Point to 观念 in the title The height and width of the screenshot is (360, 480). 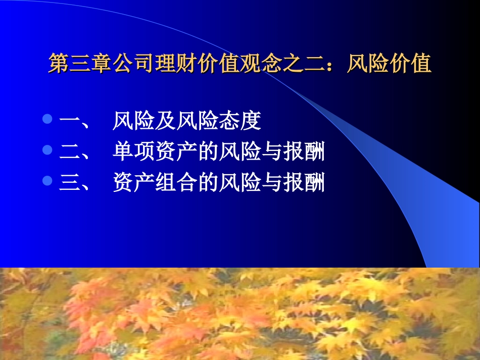261,65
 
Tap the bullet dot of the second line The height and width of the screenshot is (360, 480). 48,150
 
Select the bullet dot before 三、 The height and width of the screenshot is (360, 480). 48,181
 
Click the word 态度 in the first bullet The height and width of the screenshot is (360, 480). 239,121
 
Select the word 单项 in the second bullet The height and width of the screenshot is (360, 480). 133,152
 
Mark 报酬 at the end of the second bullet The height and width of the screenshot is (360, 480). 303,152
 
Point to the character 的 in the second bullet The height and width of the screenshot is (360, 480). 208,152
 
